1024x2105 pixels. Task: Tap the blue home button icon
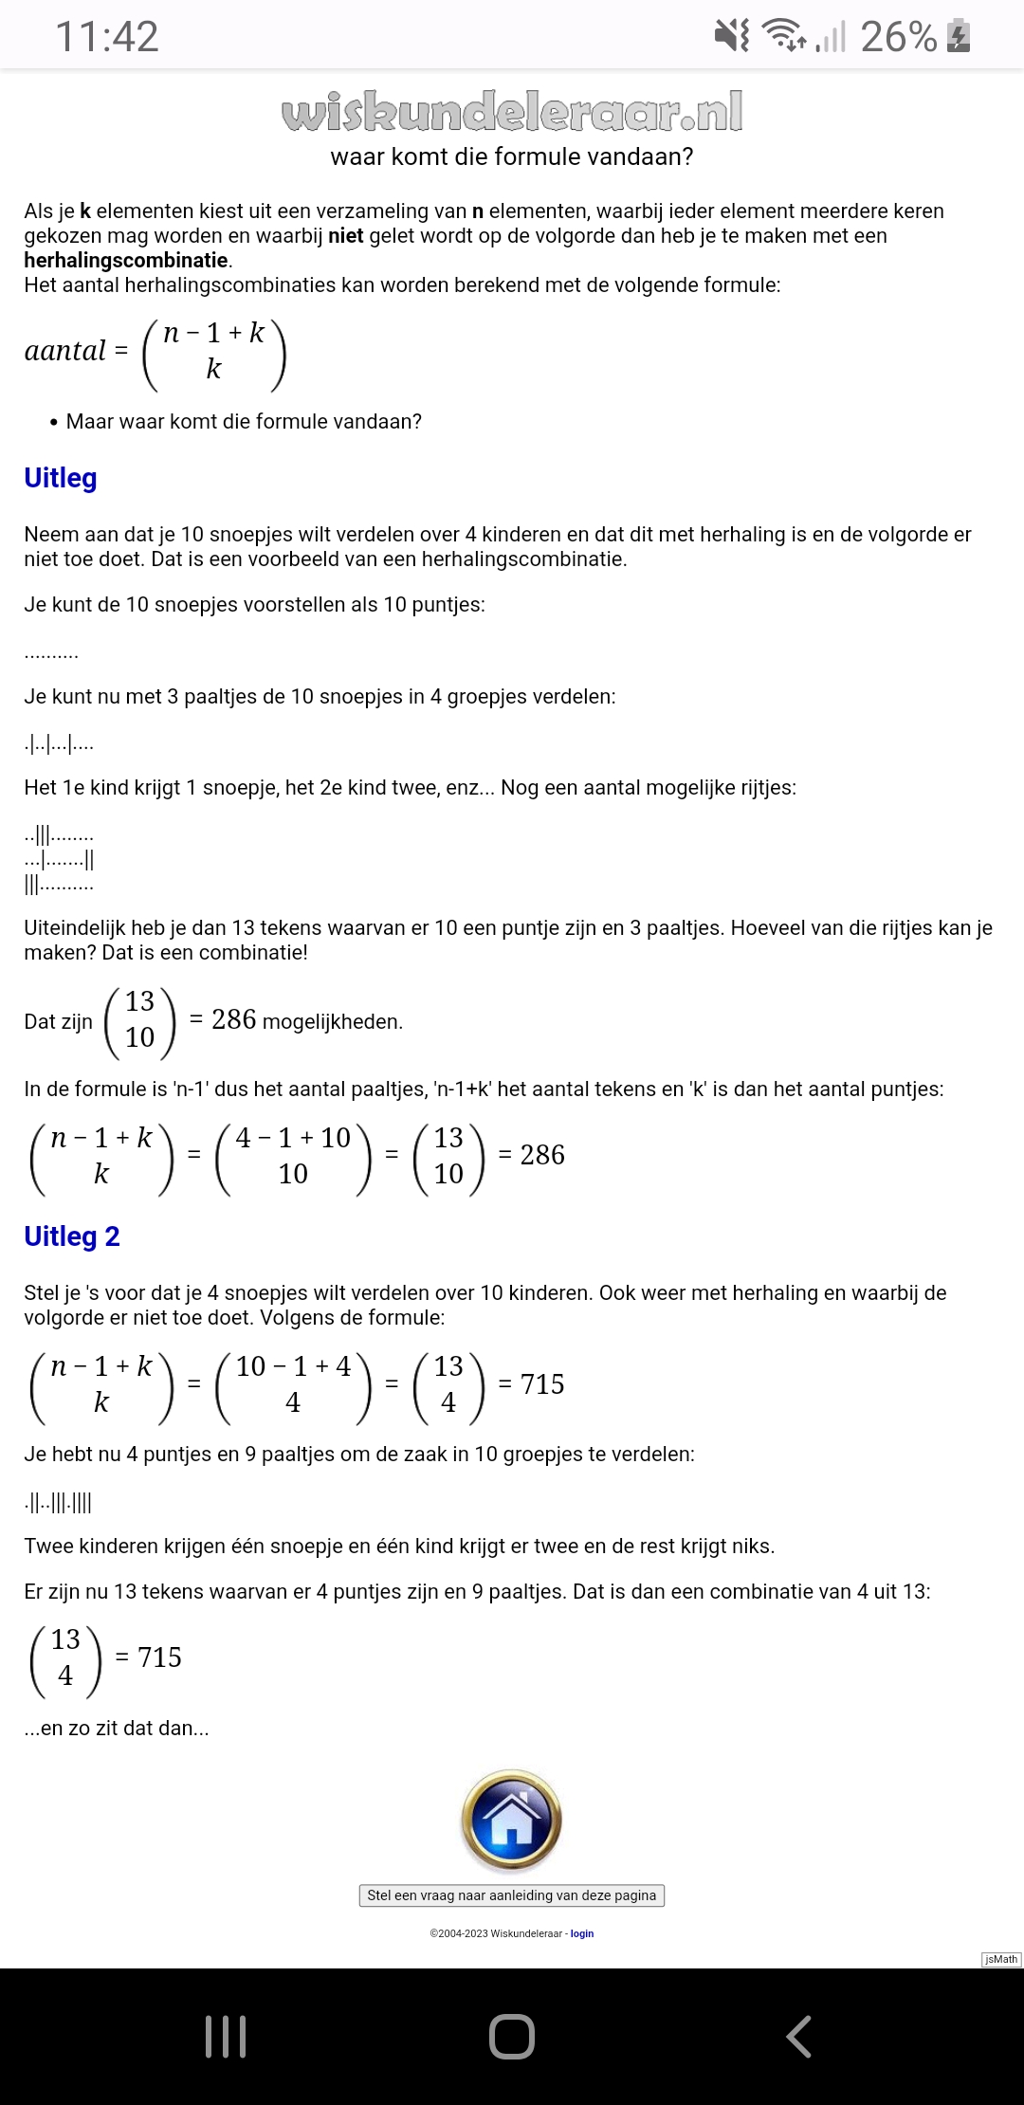pos(512,1820)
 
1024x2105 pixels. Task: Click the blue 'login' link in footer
pos(582,1933)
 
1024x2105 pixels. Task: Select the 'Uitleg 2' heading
pos(72,1236)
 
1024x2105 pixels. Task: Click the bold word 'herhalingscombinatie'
pos(126,261)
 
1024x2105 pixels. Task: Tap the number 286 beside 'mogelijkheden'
pos(234,1020)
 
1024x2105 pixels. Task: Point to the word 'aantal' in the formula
pos(64,351)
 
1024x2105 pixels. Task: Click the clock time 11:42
pos(107,36)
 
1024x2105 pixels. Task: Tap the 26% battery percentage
pos(898,36)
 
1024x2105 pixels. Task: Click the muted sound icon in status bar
pos(730,36)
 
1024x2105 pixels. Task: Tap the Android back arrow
pos(798,2036)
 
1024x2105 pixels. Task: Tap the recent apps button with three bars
pos(226,2036)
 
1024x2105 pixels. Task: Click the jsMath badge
pos(1000,1959)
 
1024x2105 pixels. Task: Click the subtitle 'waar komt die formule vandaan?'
pos(512,156)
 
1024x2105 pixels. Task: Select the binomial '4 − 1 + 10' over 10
pos(293,1156)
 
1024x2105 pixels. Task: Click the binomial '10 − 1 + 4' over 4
pos(293,1384)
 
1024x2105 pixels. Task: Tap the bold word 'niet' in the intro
pos(345,236)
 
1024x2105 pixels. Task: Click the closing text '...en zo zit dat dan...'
pos(117,1728)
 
